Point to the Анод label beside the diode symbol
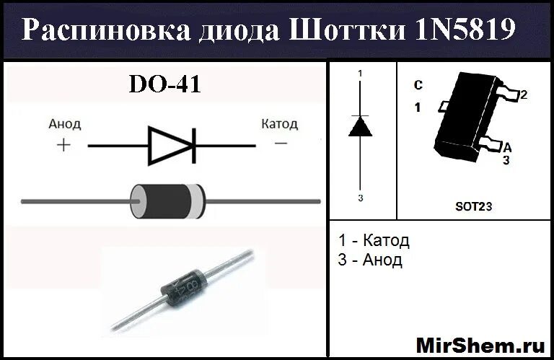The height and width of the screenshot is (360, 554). [x=65, y=123]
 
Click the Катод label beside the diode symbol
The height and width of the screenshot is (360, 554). [x=279, y=123]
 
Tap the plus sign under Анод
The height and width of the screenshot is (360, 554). [x=63, y=145]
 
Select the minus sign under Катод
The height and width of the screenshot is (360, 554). [x=281, y=144]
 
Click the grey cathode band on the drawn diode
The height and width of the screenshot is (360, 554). [x=195, y=200]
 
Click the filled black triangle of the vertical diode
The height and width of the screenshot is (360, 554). [x=361, y=126]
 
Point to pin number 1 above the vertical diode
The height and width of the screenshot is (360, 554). [x=361, y=74]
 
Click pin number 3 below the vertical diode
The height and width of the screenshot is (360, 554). [x=361, y=197]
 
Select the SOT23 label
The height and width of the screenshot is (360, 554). [x=473, y=206]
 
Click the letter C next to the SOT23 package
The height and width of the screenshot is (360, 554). [x=418, y=85]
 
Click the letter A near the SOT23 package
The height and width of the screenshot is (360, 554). [x=507, y=146]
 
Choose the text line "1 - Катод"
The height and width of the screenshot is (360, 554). [x=373, y=240]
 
